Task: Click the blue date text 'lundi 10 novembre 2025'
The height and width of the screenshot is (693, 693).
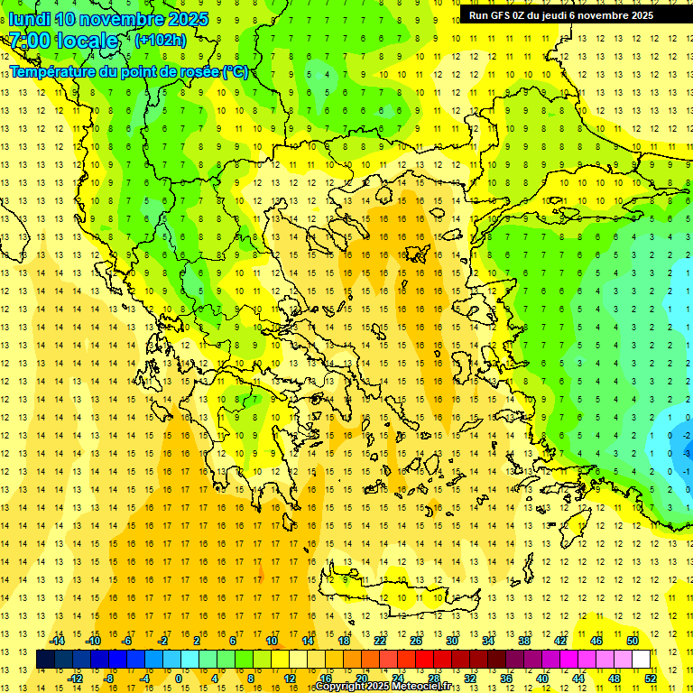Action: pyautogui.click(x=108, y=19)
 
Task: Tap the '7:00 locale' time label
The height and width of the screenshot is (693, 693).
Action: pyautogui.click(x=63, y=41)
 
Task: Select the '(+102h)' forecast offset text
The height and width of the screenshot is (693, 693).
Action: pyautogui.click(x=161, y=40)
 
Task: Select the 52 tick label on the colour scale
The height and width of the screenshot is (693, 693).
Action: pyautogui.click(x=650, y=678)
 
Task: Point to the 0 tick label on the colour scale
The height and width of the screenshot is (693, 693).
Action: pyautogui.click(x=179, y=678)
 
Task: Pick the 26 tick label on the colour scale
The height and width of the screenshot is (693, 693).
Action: pyautogui.click(x=416, y=641)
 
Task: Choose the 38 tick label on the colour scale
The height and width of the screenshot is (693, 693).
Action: pyautogui.click(x=524, y=641)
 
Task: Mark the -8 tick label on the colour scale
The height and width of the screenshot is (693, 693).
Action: pyautogui.click(x=109, y=678)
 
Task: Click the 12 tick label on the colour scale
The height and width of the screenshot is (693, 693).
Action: pyautogui.click(x=290, y=678)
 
